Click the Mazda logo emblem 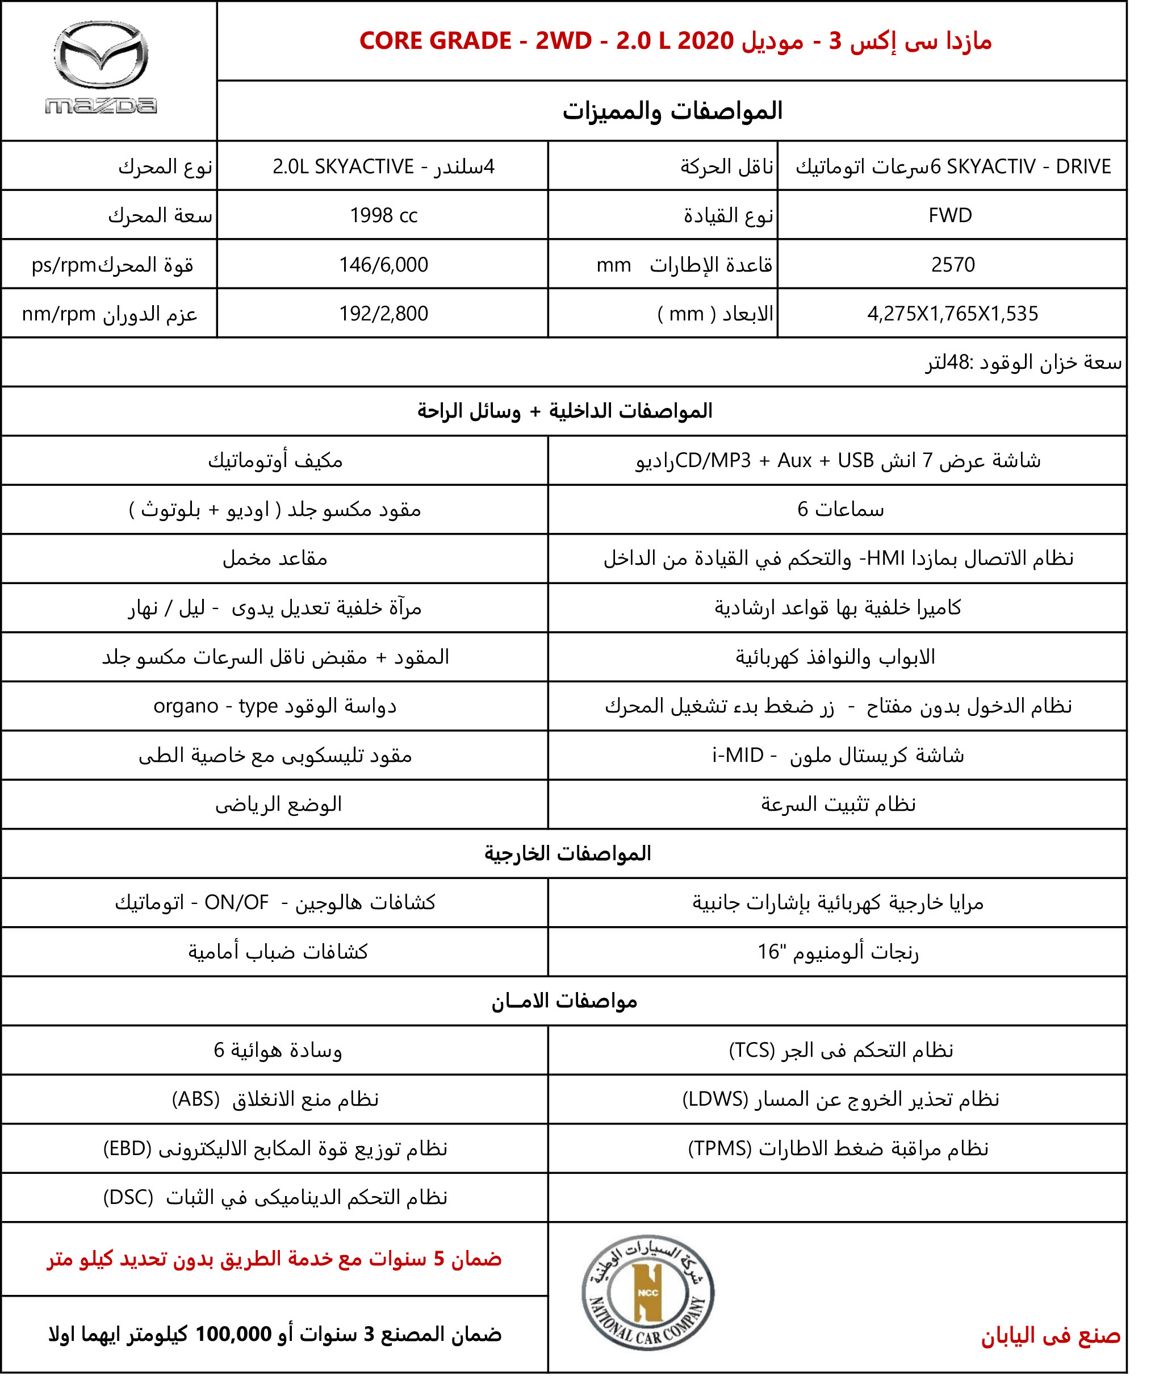(101, 54)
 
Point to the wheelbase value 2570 (953, 265)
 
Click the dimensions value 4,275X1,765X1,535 (952, 314)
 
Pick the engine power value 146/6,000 (383, 265)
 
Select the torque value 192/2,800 (383, 314)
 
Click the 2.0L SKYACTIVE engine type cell (383, 166)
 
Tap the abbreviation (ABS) (195, 1099)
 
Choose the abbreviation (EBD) (127, 1148)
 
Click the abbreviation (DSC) (128, 1198)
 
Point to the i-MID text (737, 756)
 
